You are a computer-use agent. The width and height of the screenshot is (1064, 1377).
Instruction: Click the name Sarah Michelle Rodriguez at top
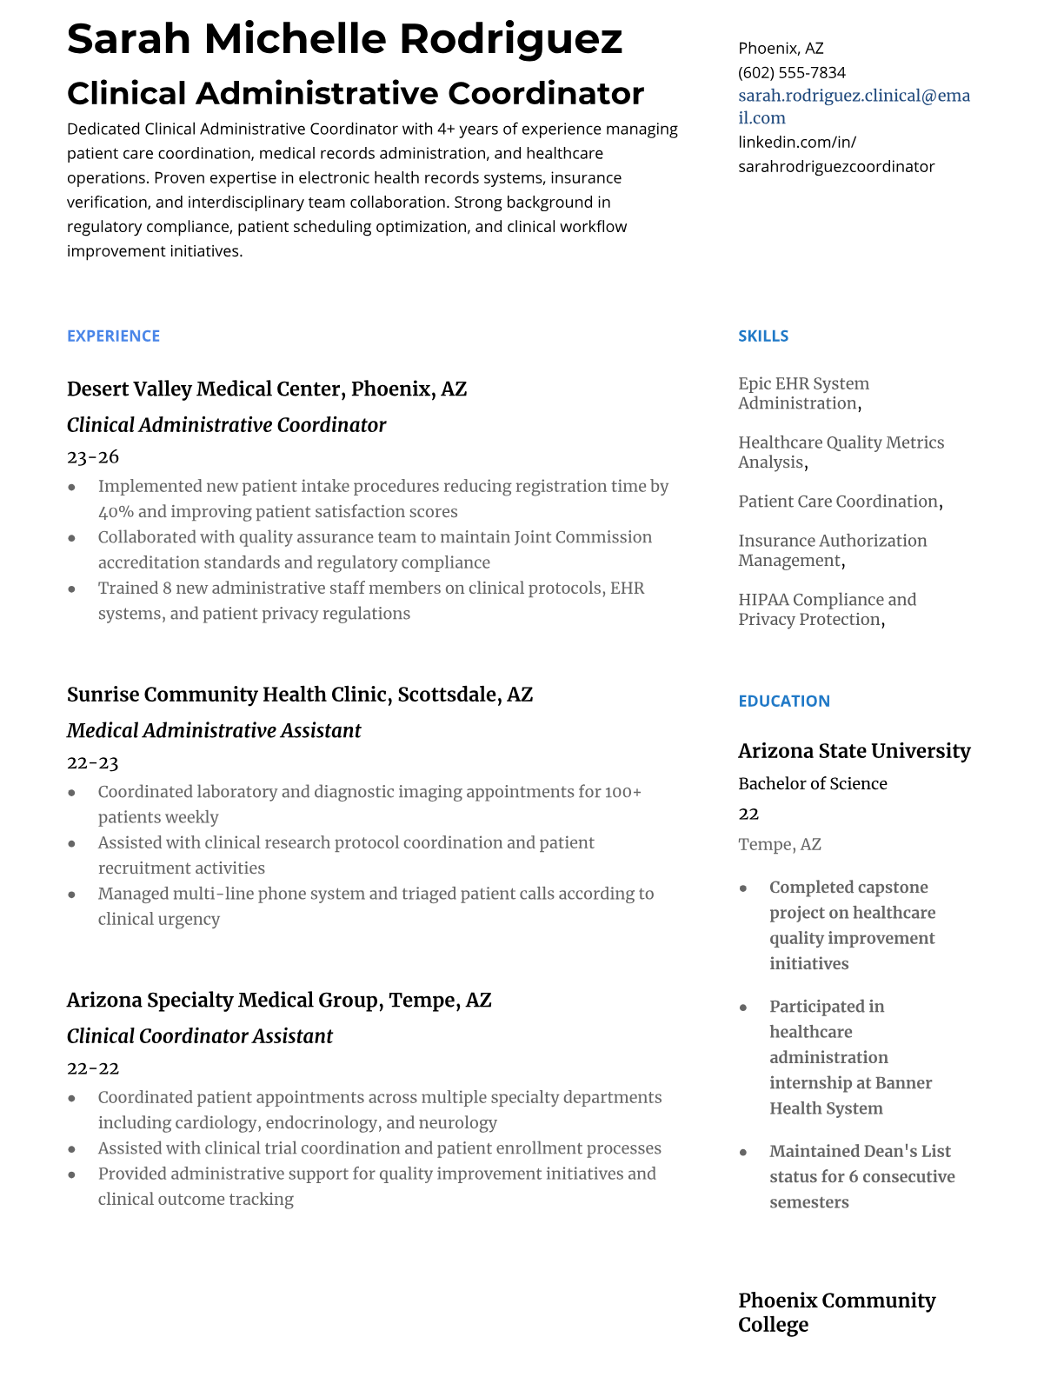(x=344, y=39)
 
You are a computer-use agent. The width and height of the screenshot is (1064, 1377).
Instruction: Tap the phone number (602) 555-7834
(x=791, y=72)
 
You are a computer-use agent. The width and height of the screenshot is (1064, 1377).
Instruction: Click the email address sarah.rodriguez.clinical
(x=854, y=96)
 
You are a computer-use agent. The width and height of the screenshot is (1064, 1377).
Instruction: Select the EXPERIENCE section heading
(x=113, y=336)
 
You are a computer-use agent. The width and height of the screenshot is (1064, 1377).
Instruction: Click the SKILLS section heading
(x=762, y=336)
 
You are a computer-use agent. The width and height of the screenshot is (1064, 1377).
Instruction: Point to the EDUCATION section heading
(x=783, y=702)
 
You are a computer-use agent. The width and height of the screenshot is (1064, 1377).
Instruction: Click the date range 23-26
(x=93, y=457)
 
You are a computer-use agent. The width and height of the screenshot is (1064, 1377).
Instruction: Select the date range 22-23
(x=93, y=763)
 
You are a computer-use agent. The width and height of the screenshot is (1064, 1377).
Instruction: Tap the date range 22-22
(x=93, y=1068)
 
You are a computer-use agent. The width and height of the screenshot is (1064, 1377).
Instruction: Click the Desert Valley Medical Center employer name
(x=205, y=389)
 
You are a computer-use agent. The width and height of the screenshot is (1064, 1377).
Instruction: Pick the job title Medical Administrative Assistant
(x=214, y=731)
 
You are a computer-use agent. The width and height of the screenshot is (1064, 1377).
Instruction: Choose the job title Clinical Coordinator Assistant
(x=200, y=1036)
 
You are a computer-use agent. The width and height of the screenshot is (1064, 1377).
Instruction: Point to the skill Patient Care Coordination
(x=838, y=502)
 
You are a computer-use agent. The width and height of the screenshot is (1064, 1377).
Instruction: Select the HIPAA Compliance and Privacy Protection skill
(x=826, y=609)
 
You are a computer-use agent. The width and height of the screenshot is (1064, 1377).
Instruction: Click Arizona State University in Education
(x=854, y=751)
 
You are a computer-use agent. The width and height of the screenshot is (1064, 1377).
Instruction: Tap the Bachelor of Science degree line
(x=812, y=784)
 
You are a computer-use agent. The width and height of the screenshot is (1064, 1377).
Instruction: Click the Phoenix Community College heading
(x=836, y=1313)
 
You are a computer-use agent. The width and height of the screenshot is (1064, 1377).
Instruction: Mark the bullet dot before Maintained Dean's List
(x=743, y=1153)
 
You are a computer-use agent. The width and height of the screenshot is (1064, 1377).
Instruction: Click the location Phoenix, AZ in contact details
(x=781, y=49)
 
